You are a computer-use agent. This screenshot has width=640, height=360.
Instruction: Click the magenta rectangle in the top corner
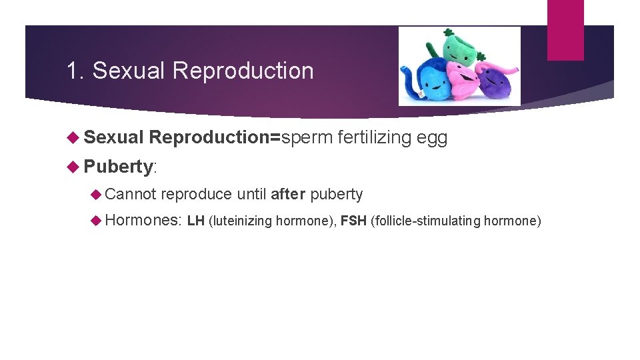click(565, 29)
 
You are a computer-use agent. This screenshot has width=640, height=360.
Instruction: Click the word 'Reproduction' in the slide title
click(243, 71)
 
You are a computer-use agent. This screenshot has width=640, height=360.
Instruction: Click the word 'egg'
click(431, 138)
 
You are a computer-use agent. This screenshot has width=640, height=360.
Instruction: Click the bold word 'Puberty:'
click(120, 166)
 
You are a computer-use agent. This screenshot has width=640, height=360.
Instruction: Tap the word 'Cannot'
click(130, 194)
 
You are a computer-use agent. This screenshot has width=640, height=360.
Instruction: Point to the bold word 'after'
click(288, 194)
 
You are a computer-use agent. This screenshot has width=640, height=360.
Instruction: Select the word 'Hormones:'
click(143, 220)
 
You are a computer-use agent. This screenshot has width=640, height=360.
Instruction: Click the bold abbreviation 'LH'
click(196, 221)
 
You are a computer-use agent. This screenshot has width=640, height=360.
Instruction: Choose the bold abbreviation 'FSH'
click(352, 221)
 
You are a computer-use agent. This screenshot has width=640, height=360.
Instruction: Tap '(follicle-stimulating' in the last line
click(425, 221)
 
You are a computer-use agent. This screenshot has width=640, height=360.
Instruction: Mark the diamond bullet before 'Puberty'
click(75, 166)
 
